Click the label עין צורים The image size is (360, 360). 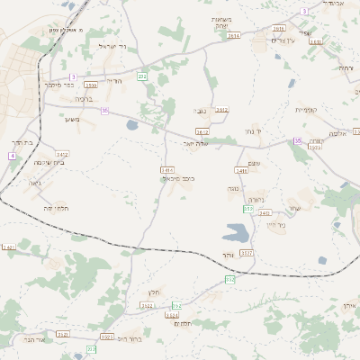284,40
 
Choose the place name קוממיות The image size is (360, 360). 310,109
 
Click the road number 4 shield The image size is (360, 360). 12,156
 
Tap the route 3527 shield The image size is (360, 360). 247,254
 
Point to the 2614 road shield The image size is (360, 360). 234,35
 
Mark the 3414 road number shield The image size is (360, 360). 166,168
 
